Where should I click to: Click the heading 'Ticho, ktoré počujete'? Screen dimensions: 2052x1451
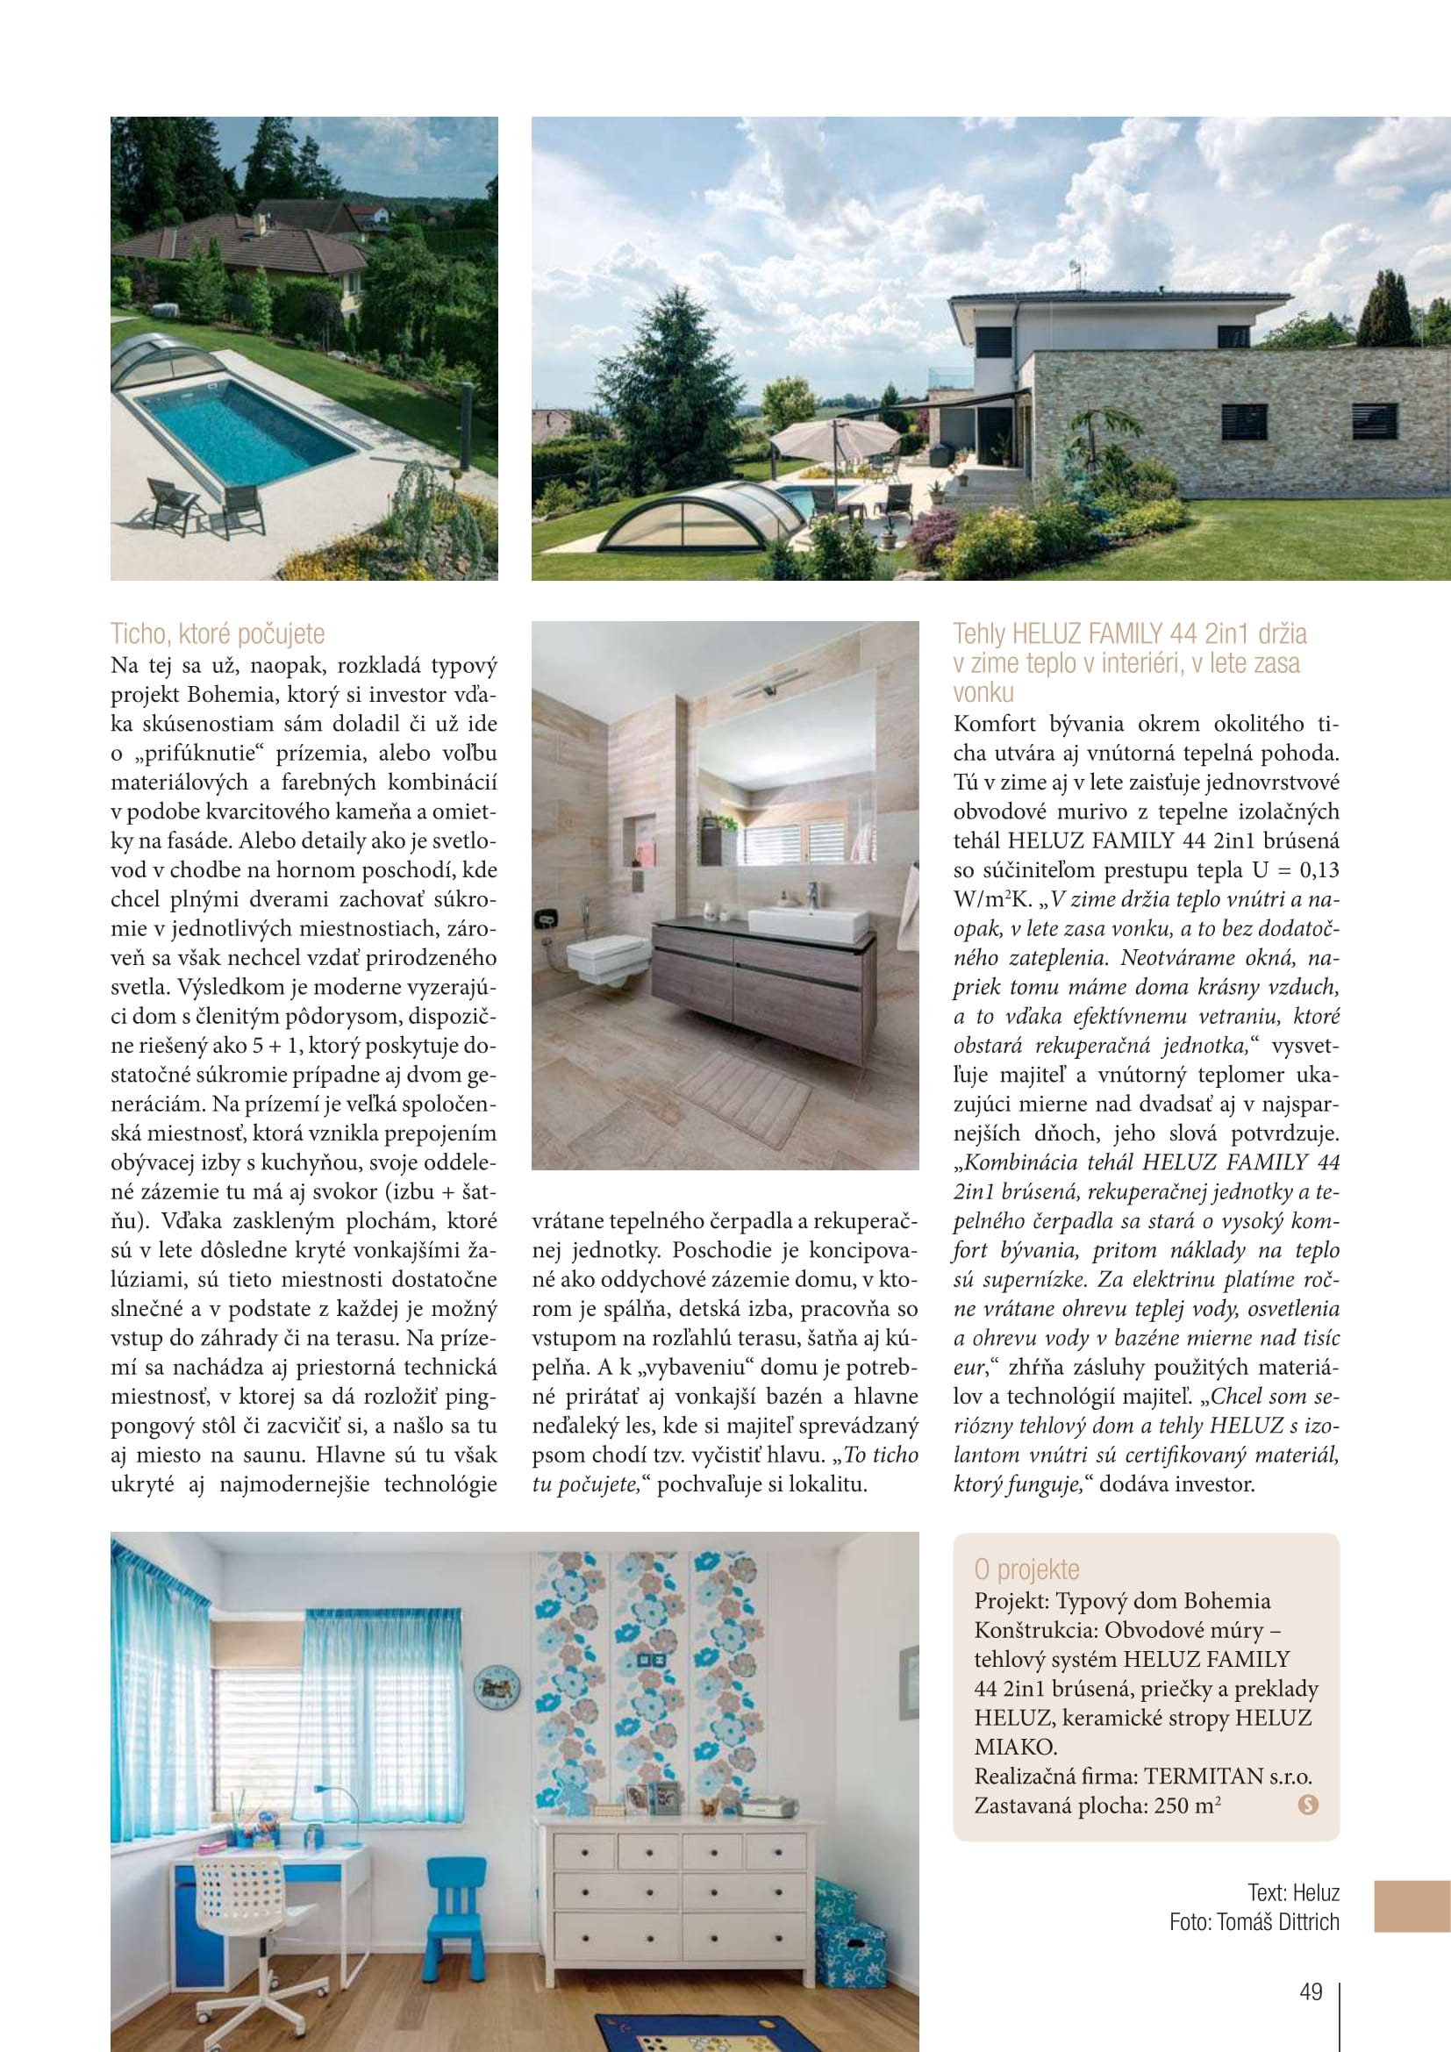pos(217,633)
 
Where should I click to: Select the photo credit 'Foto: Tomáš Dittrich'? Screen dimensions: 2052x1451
pos(1254,1922)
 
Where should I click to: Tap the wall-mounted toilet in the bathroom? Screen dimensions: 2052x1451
pos(607,959)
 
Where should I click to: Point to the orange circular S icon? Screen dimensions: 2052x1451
pos(1307,1805)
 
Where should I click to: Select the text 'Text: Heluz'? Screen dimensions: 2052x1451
pos(1293,1893)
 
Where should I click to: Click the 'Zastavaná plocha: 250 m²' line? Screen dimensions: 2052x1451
pos(1097,1805)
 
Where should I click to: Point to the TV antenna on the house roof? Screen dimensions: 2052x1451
pos(1076,274)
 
